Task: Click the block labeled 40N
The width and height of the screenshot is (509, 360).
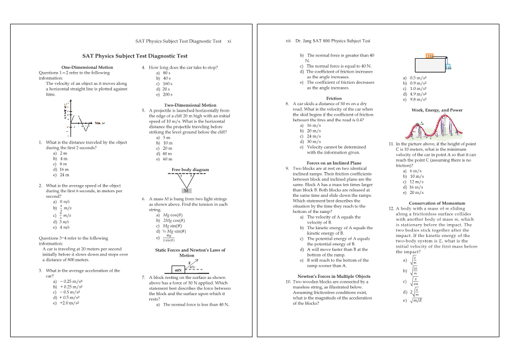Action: coord(178,270)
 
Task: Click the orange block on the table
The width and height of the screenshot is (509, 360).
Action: coord(430,55)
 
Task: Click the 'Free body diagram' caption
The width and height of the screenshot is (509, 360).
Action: coord(190,169)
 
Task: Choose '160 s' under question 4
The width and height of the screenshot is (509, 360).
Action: coord(163,84)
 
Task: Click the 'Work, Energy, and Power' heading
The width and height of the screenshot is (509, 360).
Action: coord(436,110)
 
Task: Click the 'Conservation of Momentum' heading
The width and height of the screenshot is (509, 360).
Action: coord(437,203)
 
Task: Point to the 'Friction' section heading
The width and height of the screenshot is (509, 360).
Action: coord(333,98)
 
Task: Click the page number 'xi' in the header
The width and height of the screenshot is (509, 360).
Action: coord(229,41)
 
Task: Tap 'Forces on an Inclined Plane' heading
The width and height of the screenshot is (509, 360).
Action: coord(333,163)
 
